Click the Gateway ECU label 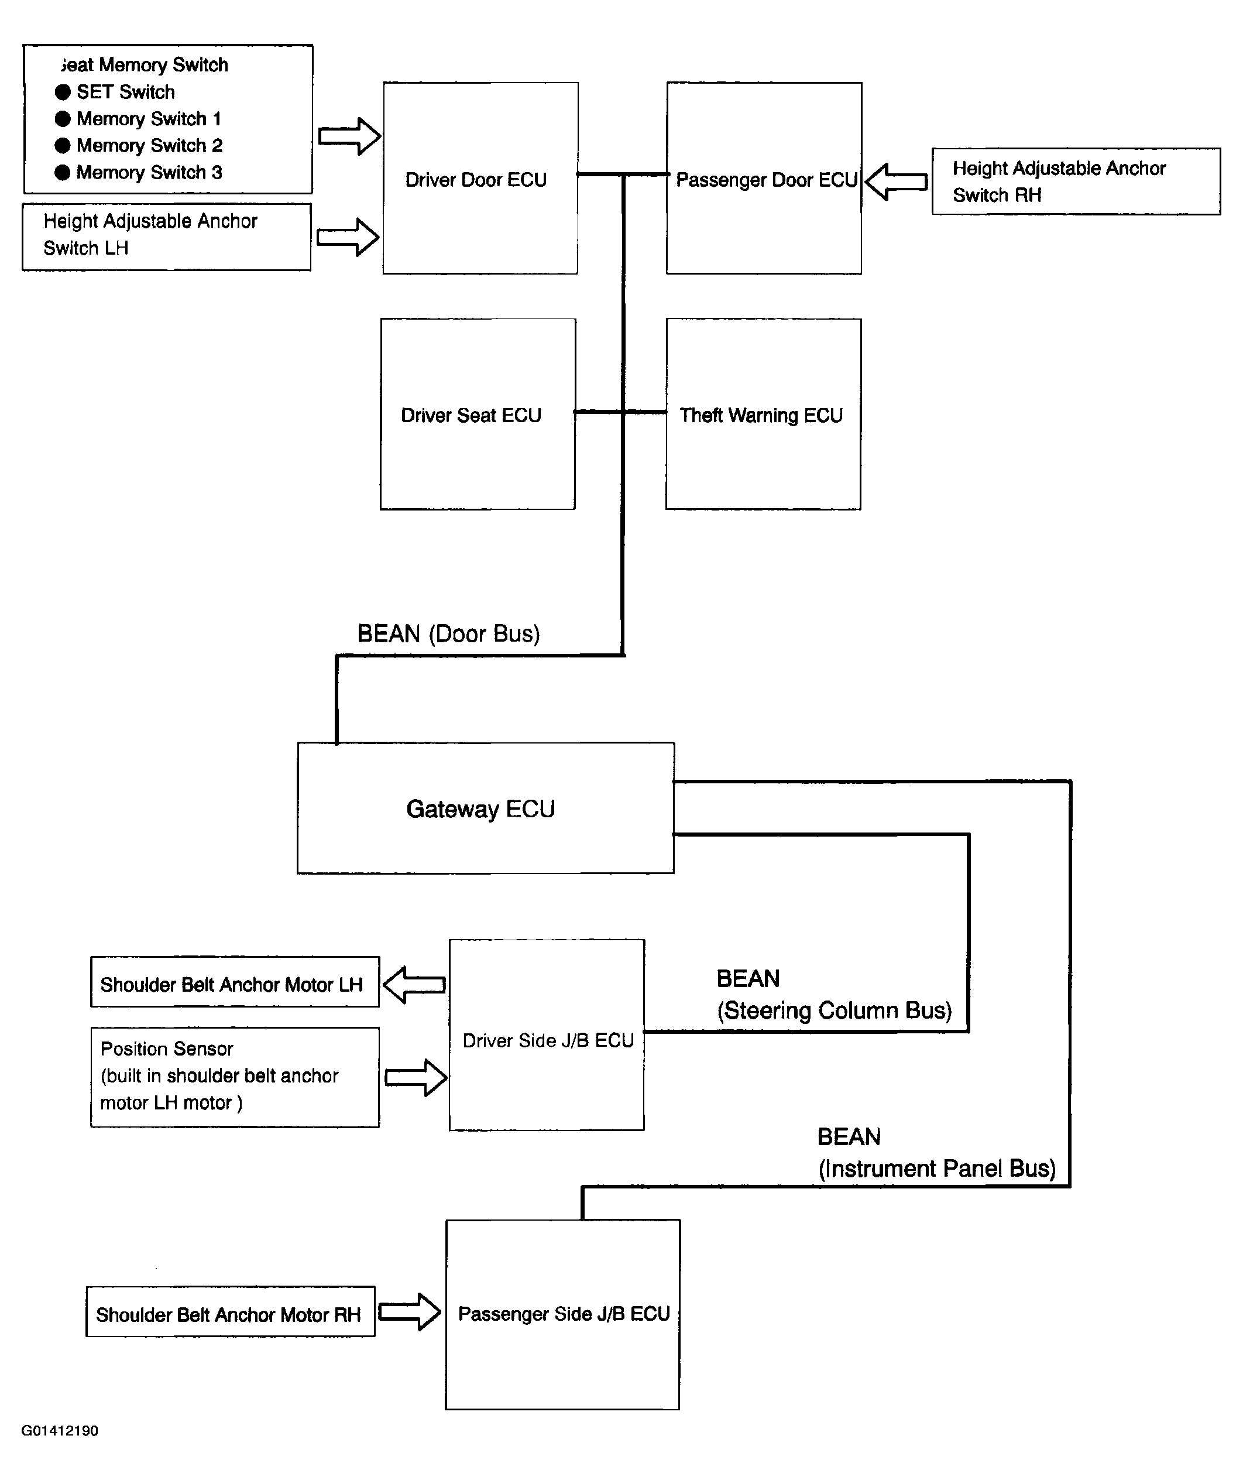click(480, 809)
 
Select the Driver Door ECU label click(476, 180)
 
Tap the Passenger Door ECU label click(767, 180)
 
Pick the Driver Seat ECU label click(471, 415)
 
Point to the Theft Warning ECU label click(761, 415)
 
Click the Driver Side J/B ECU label click(548, 1040)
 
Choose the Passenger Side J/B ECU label click(564, 1314)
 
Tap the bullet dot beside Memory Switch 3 click(63, 172)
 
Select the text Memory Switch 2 click(149, 145)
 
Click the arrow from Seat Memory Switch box click(349, 136)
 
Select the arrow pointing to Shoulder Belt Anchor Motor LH click(414, 985)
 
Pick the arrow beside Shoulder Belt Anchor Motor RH click(410, 1311)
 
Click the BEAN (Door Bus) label click(449, 633)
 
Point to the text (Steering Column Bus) click(835, 1010)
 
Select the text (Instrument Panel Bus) click(937, 1169)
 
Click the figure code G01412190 click(60, 1431)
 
